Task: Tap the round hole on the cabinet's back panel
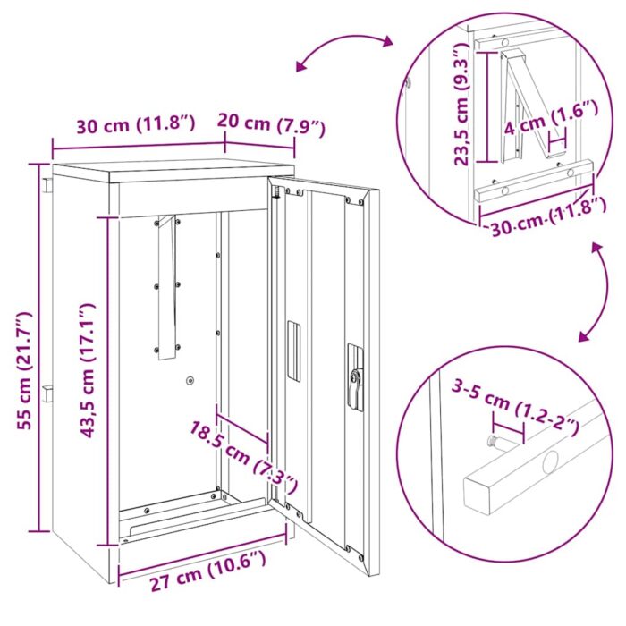point(190,381)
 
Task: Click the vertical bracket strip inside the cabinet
point(167,286)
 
